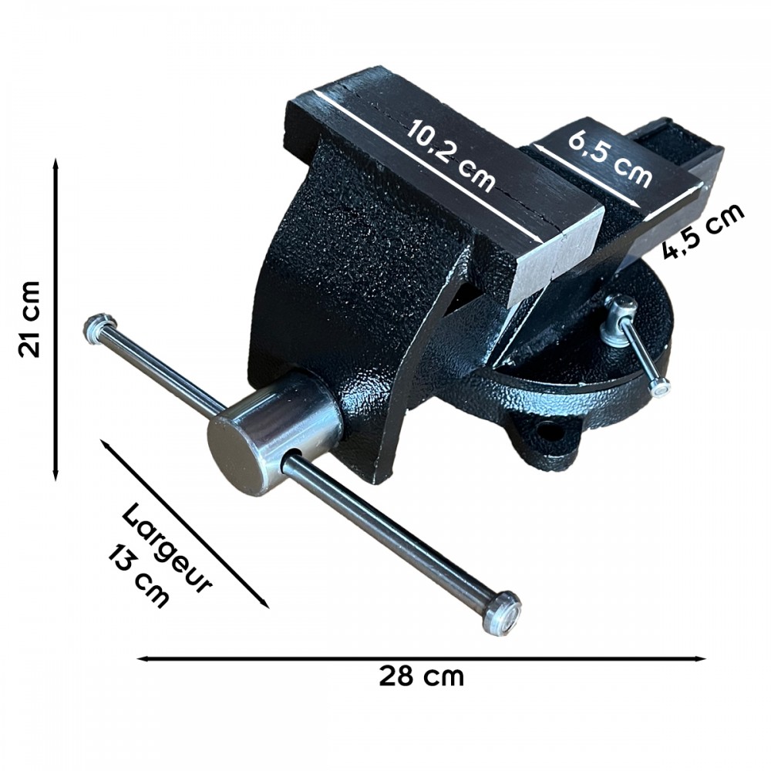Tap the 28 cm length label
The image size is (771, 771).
pyautogui.click(x=422, y=676)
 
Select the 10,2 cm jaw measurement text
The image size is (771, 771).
pyautogui.click(x=450, y=154)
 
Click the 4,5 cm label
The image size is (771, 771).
pyautogui.click(x=703, y=231)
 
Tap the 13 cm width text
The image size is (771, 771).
pyautogui.click(x=139, y=575)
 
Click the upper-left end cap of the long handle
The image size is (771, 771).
pyautogui.click(x=99, y=328)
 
